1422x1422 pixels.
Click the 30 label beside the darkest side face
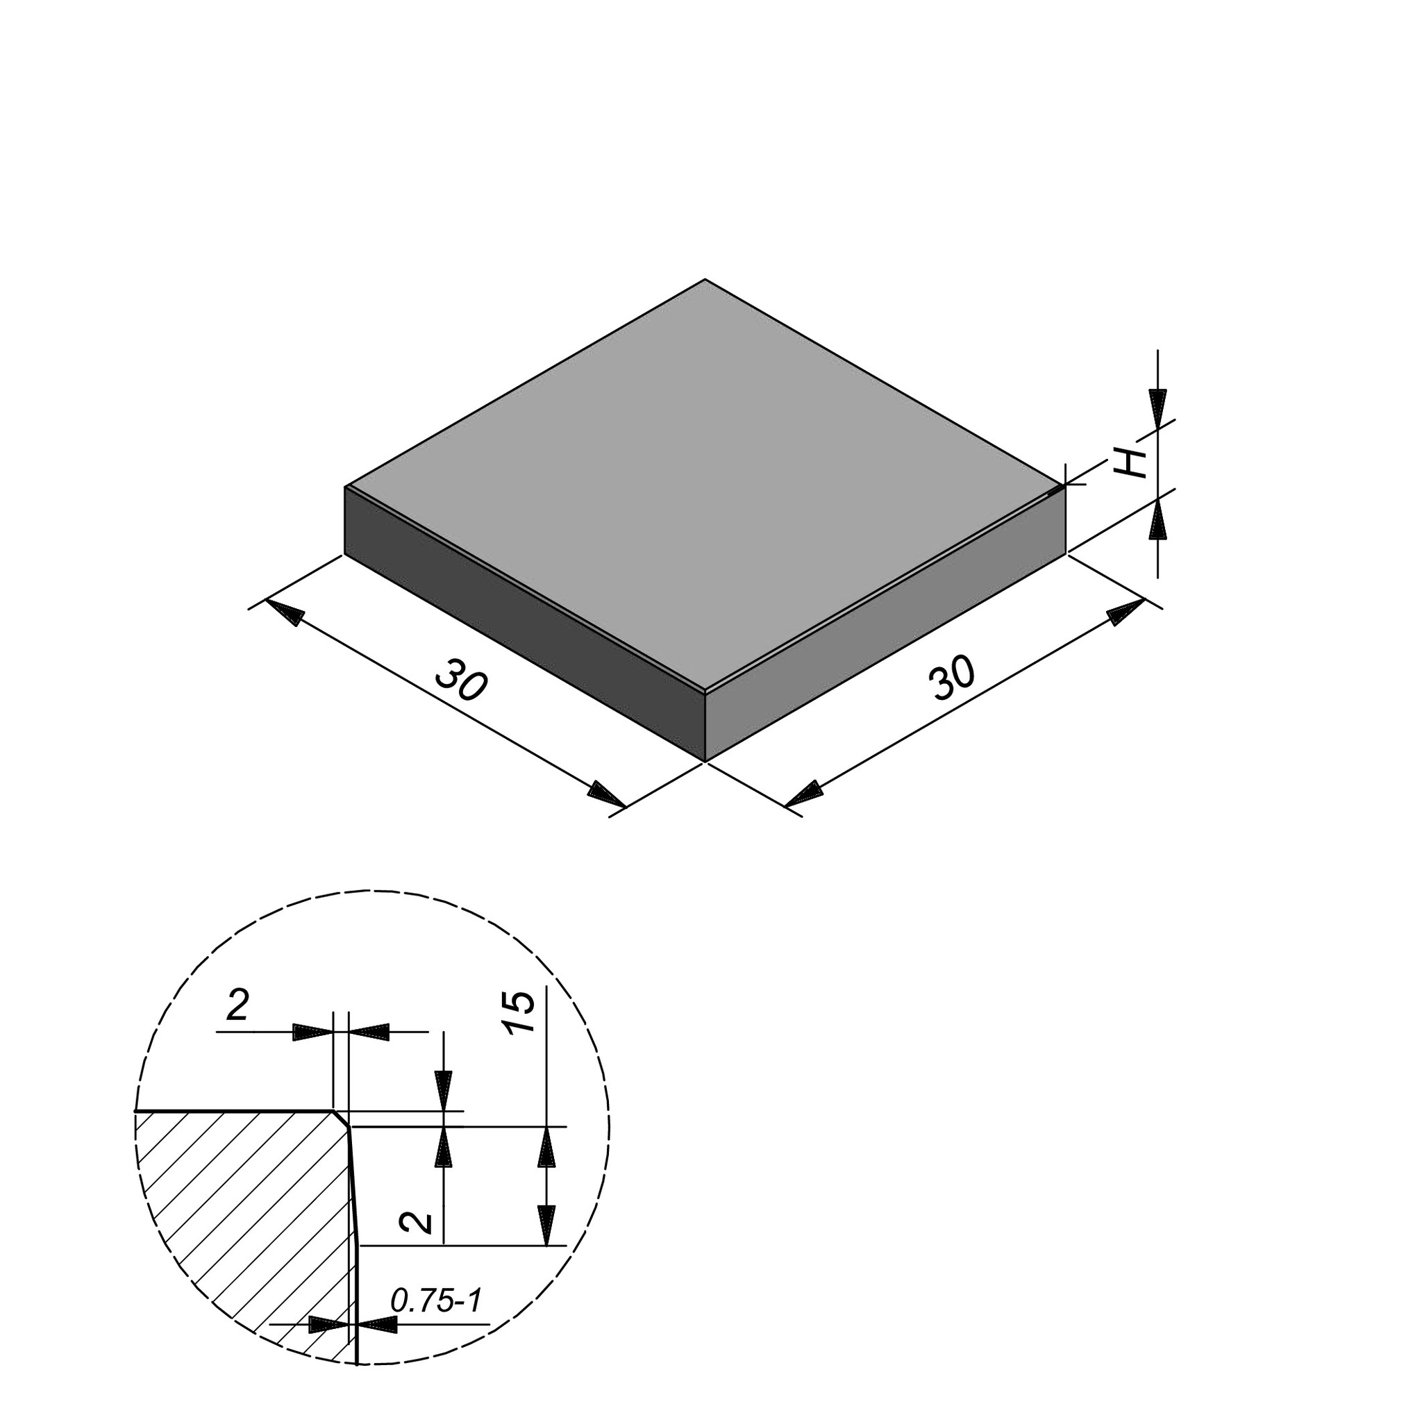[x=462, y=681]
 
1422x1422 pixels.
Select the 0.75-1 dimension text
[x=436, y=1300]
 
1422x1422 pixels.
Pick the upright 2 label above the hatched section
[x=237, y=1005]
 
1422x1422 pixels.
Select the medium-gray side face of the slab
[x=885, y=624]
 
